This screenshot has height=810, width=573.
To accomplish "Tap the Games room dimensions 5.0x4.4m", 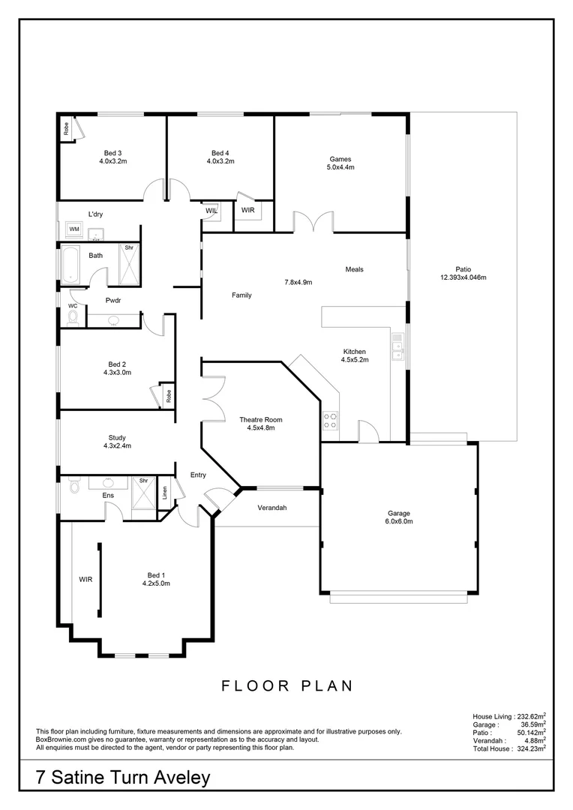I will (340, 167).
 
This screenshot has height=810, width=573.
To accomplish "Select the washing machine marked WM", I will (74, 229).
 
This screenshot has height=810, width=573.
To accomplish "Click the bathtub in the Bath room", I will (69, 264).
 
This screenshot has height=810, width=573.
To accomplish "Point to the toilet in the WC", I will (72, 318).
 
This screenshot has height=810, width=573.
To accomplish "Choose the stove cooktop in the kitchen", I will (331, 421).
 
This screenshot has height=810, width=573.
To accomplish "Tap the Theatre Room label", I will (260, 419).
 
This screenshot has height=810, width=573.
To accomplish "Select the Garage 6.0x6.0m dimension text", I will (399, 521).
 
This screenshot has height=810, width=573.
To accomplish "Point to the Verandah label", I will (272, 508).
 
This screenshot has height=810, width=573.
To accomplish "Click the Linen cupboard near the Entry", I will (165, 493).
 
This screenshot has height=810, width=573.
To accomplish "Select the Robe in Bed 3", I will (67, 129).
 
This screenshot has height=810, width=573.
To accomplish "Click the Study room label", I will (116, 437).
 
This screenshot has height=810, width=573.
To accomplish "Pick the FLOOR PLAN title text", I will (286, 685).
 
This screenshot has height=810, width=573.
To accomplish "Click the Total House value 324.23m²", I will (531, 748).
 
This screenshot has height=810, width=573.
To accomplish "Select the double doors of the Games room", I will (312, 223).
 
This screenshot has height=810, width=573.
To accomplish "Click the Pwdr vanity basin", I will (113, 320).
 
